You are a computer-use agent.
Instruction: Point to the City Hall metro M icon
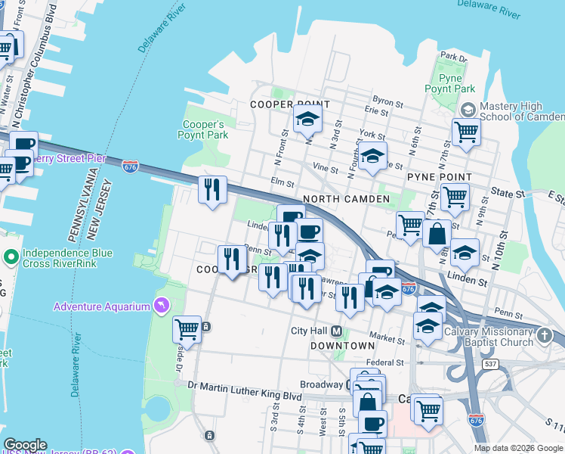click(x=336, y=331)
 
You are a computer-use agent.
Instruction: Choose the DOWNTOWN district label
click(x=342, y=345)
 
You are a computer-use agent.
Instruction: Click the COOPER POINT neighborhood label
click(x=290, y=104)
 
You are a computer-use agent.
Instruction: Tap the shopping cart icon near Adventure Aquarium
click(x=187, y=330)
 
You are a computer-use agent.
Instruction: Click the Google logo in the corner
click(x=25, y=445)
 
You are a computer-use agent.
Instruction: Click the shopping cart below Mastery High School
click(x=466, y=132)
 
